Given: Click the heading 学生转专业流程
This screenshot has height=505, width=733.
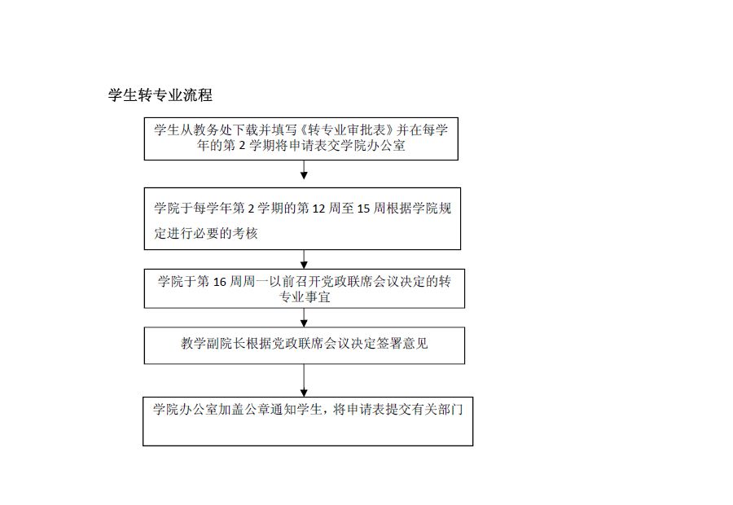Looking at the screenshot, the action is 160,95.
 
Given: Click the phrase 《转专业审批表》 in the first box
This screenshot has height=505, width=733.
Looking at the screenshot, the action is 346,130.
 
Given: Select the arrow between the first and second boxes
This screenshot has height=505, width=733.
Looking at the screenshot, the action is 304,169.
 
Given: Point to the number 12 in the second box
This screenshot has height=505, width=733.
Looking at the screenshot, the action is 318,208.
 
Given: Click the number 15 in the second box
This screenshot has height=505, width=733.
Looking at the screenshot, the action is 363,208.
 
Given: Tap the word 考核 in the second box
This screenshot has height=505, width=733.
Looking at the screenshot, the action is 245,233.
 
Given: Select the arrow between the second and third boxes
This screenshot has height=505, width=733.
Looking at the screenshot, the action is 304,259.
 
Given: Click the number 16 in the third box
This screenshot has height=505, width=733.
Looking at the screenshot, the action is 220,282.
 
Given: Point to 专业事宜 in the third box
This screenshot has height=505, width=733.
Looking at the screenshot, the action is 305,297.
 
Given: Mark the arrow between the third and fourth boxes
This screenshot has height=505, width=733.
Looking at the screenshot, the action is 304,318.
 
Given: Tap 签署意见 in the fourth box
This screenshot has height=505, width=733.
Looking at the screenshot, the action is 402,344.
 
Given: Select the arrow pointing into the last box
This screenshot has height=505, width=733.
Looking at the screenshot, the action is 304,380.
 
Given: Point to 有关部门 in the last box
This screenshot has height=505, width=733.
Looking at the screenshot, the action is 437,410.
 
